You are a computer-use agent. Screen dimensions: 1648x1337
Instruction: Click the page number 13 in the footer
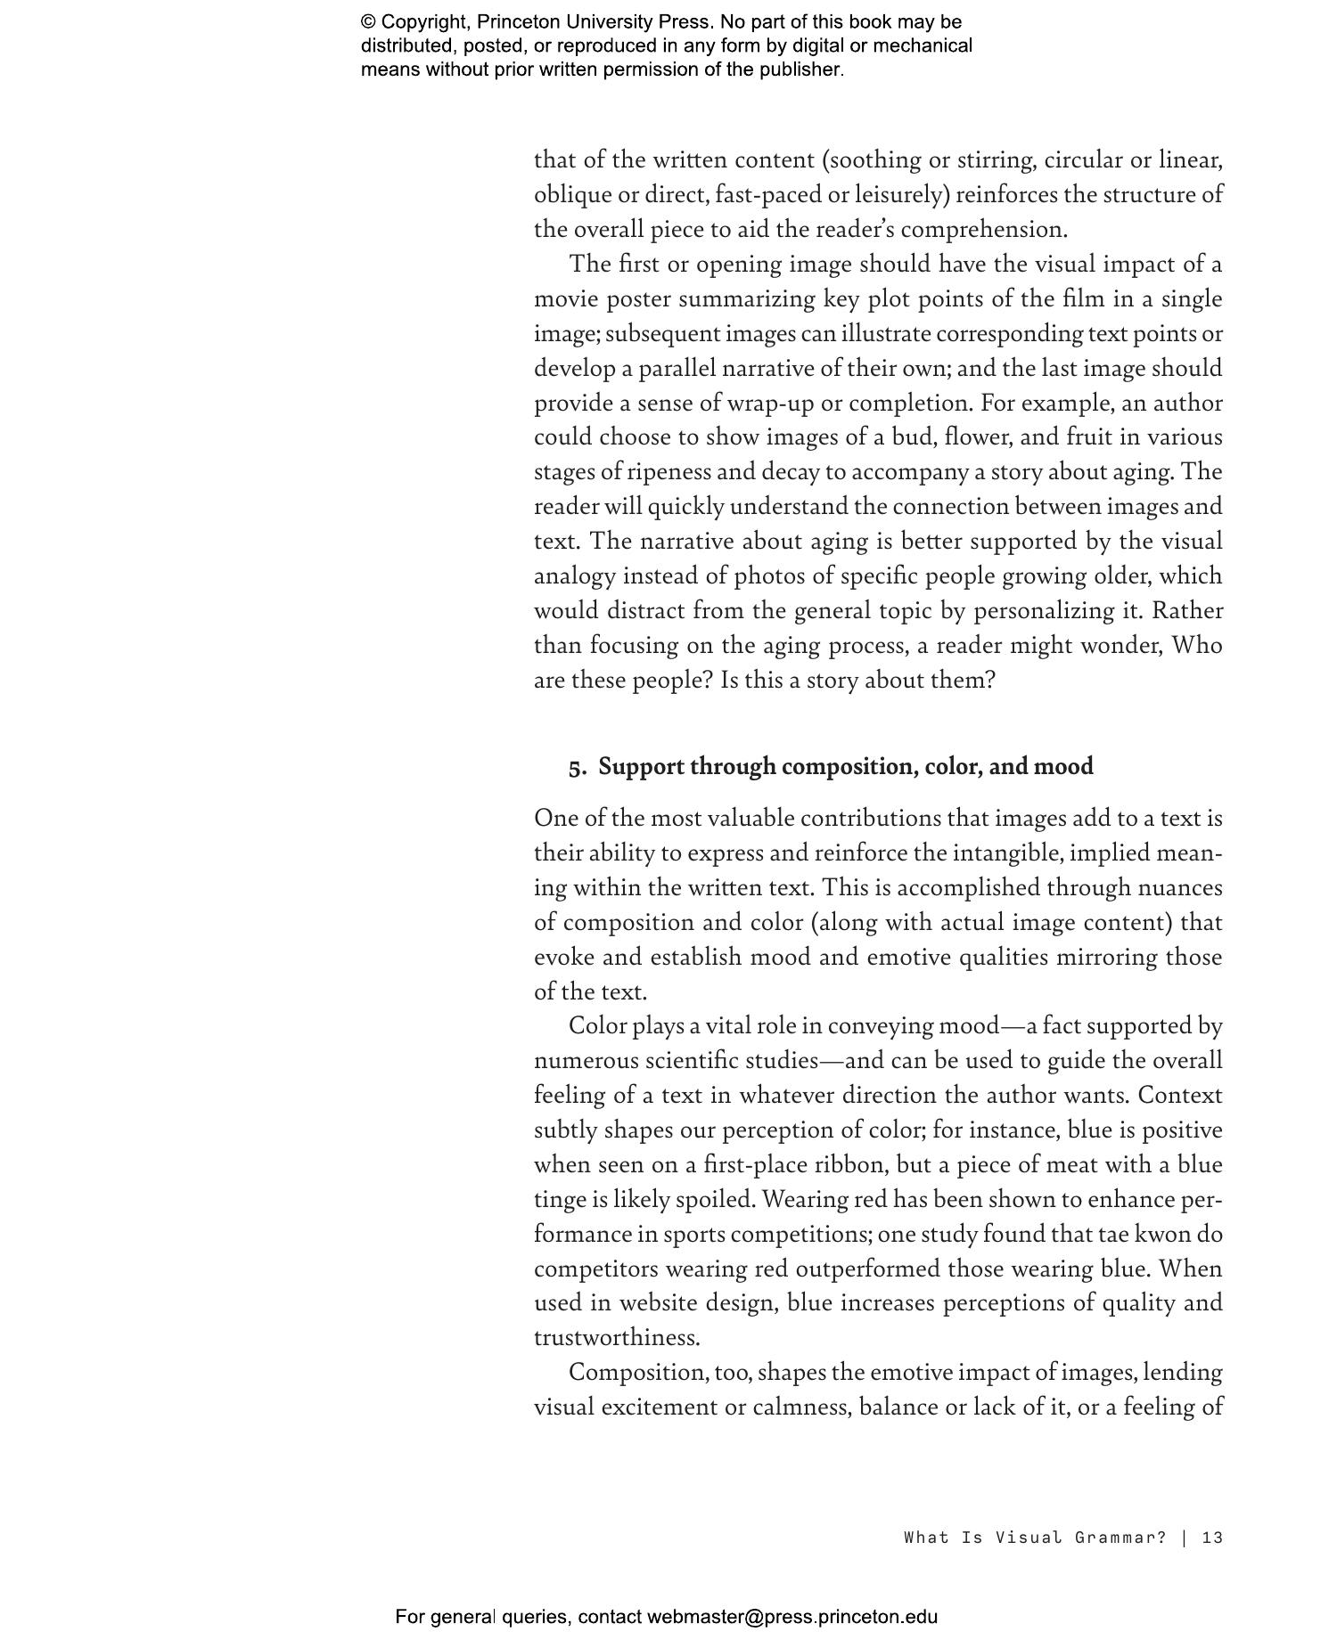(1212, 1537)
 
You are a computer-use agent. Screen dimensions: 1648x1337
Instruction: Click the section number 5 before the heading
(576, 767)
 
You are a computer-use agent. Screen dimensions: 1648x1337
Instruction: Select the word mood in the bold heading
(1063, 766)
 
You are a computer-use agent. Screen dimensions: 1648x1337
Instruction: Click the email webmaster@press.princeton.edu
(792, 1616)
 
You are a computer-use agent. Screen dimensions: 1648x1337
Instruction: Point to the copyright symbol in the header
(368, 22)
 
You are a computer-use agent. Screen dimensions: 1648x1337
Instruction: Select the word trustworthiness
(616, 1337)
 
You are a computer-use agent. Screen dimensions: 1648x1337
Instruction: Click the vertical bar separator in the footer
(1185, 1537)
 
